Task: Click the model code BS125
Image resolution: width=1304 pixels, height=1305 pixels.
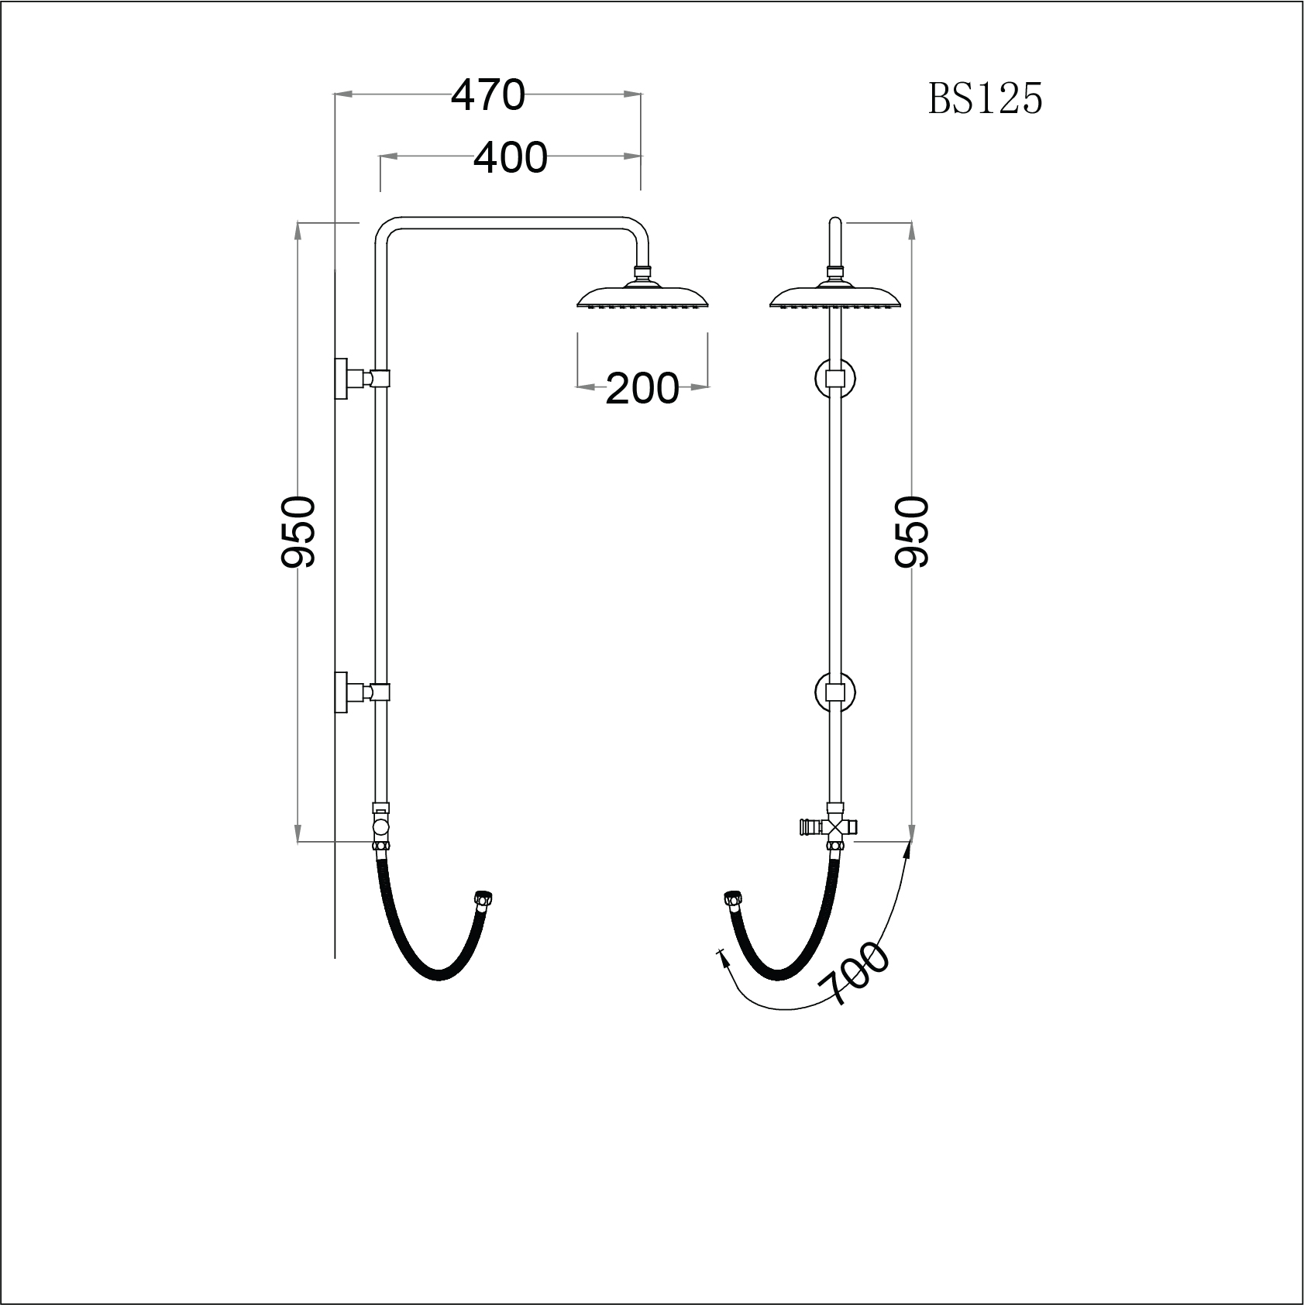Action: (x=985, y=99)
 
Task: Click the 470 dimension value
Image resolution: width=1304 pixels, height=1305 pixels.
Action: (x=488, y=95)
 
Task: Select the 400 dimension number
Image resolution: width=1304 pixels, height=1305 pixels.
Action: (x=510, y=158)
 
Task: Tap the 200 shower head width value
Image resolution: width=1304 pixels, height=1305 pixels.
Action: (x=642, y=388)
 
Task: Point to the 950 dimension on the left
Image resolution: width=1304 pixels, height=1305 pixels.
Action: (x=298, y=532)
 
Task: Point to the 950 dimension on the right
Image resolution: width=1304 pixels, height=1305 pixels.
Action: (x=911, y=532)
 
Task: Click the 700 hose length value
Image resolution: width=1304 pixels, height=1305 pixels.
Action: (x=855, y=973)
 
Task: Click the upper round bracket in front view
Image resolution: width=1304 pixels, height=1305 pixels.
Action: (x=834, y=379)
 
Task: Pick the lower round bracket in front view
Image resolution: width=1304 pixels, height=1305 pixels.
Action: (x=834, y=692)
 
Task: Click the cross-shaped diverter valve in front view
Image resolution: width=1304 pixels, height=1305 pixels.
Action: (x=833, y=827)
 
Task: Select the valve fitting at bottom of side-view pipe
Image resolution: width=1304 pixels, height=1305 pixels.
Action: (x=380, y=825)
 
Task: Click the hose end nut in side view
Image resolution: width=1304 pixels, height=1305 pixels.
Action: (x=484, y=899)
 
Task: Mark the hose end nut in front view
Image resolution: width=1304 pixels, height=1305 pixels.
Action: (x=731, y=899)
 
